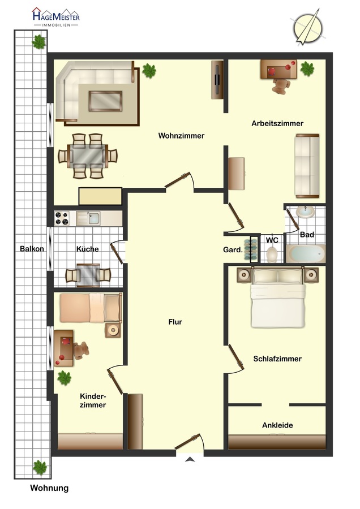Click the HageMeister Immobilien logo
(56, 17)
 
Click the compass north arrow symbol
(308, 27)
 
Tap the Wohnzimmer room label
(181, 136)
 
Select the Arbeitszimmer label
(277, 123)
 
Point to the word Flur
(175, 322)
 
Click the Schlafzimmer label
(277, 359)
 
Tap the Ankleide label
(277, 425)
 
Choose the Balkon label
(32, 249)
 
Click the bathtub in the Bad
(306, 253)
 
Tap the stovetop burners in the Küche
(62, 218)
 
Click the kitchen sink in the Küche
(88, 218)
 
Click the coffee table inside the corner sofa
(106, 101)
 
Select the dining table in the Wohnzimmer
(88, 156)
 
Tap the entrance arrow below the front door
(190, 459)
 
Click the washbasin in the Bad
(306, 212)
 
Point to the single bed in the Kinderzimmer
(91, 308)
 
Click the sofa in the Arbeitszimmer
(307, 166)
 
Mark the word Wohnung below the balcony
(49, 488)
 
